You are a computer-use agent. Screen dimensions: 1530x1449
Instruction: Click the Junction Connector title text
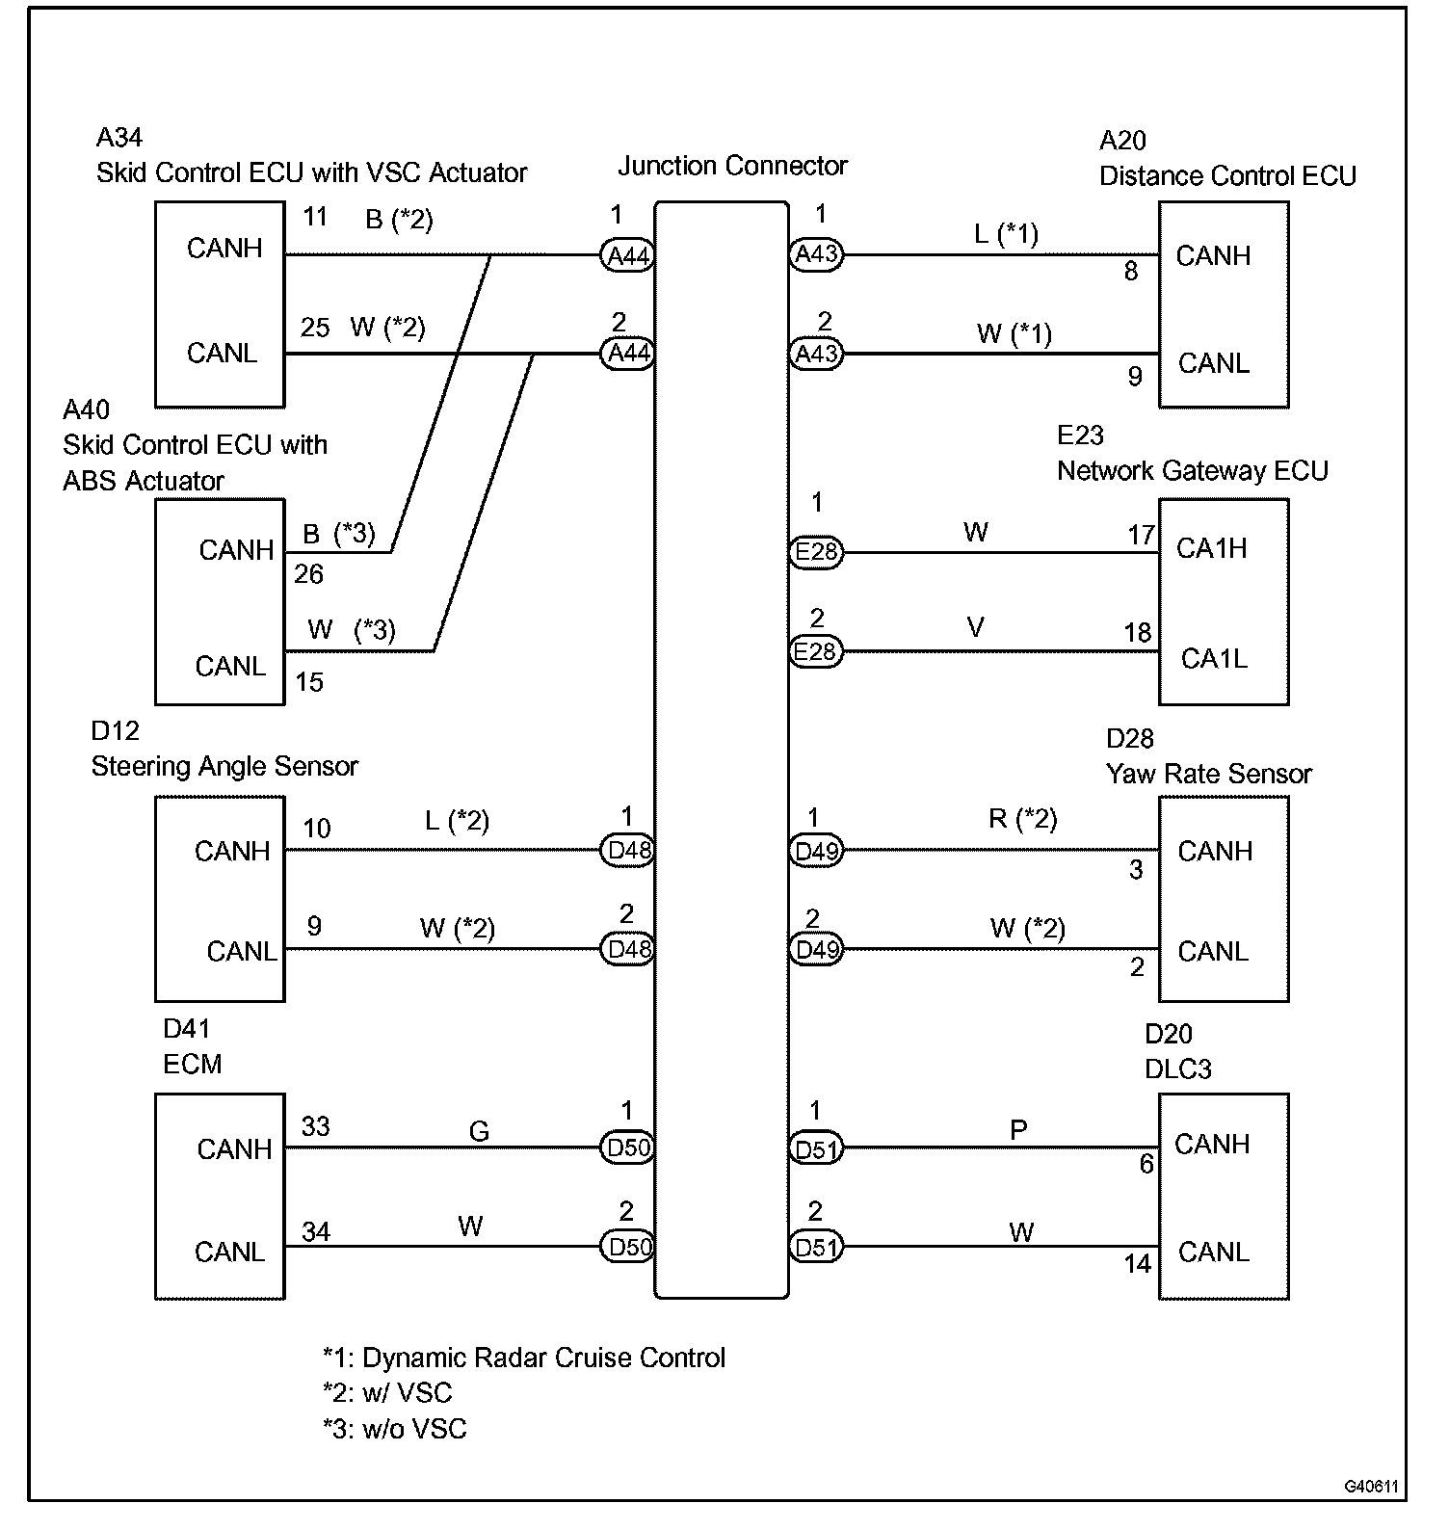[732, 166]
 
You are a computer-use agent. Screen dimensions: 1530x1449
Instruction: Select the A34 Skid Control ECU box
[220, 303]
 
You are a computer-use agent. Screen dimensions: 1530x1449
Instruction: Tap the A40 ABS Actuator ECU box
[220, 601]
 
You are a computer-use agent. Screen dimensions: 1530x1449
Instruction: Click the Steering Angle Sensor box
[220, 898]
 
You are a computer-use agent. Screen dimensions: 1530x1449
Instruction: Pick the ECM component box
[220, 1196]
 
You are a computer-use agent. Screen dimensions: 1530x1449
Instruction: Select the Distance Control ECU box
[1223, 303]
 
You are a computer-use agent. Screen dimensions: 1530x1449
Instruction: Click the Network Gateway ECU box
[1223, 601]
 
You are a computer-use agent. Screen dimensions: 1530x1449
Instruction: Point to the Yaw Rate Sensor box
[1223, 898]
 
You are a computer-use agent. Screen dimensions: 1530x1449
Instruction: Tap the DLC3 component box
[1223, 1196]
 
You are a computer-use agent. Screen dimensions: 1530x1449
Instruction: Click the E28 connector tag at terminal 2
[815, 652]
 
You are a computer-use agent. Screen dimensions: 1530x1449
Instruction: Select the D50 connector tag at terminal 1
[628, 1147]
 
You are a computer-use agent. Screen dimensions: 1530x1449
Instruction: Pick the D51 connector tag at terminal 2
[815, 1248]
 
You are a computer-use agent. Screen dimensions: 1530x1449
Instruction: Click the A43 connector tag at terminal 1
[815, 254]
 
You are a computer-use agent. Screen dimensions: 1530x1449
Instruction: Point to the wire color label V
[975, 628]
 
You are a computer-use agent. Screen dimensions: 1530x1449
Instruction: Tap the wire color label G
[479, 1131]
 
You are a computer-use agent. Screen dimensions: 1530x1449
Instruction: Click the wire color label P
[1018, 1129]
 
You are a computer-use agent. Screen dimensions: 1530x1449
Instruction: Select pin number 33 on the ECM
[315, 1126]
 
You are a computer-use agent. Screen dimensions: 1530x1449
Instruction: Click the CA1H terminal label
[1211, 548]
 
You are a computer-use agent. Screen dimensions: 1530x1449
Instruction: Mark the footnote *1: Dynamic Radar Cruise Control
[524, 1358]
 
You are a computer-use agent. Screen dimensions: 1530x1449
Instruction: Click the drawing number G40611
[1371, 1487]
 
